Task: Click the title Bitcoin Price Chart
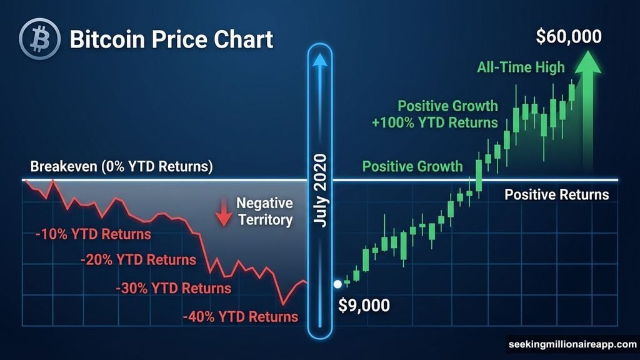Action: coord(171,40)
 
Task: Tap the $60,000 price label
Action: coord(569,37)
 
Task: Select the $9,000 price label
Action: coord(364,306)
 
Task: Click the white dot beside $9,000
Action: coord(337,284)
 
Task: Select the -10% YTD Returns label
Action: coord(92,235)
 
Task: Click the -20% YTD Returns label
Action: coord(138,259)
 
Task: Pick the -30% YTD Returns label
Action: coord(173,289)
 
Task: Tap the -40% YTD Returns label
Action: coord(240,317)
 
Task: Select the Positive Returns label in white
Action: coord(556,194)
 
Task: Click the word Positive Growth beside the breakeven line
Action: coord(412,167)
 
